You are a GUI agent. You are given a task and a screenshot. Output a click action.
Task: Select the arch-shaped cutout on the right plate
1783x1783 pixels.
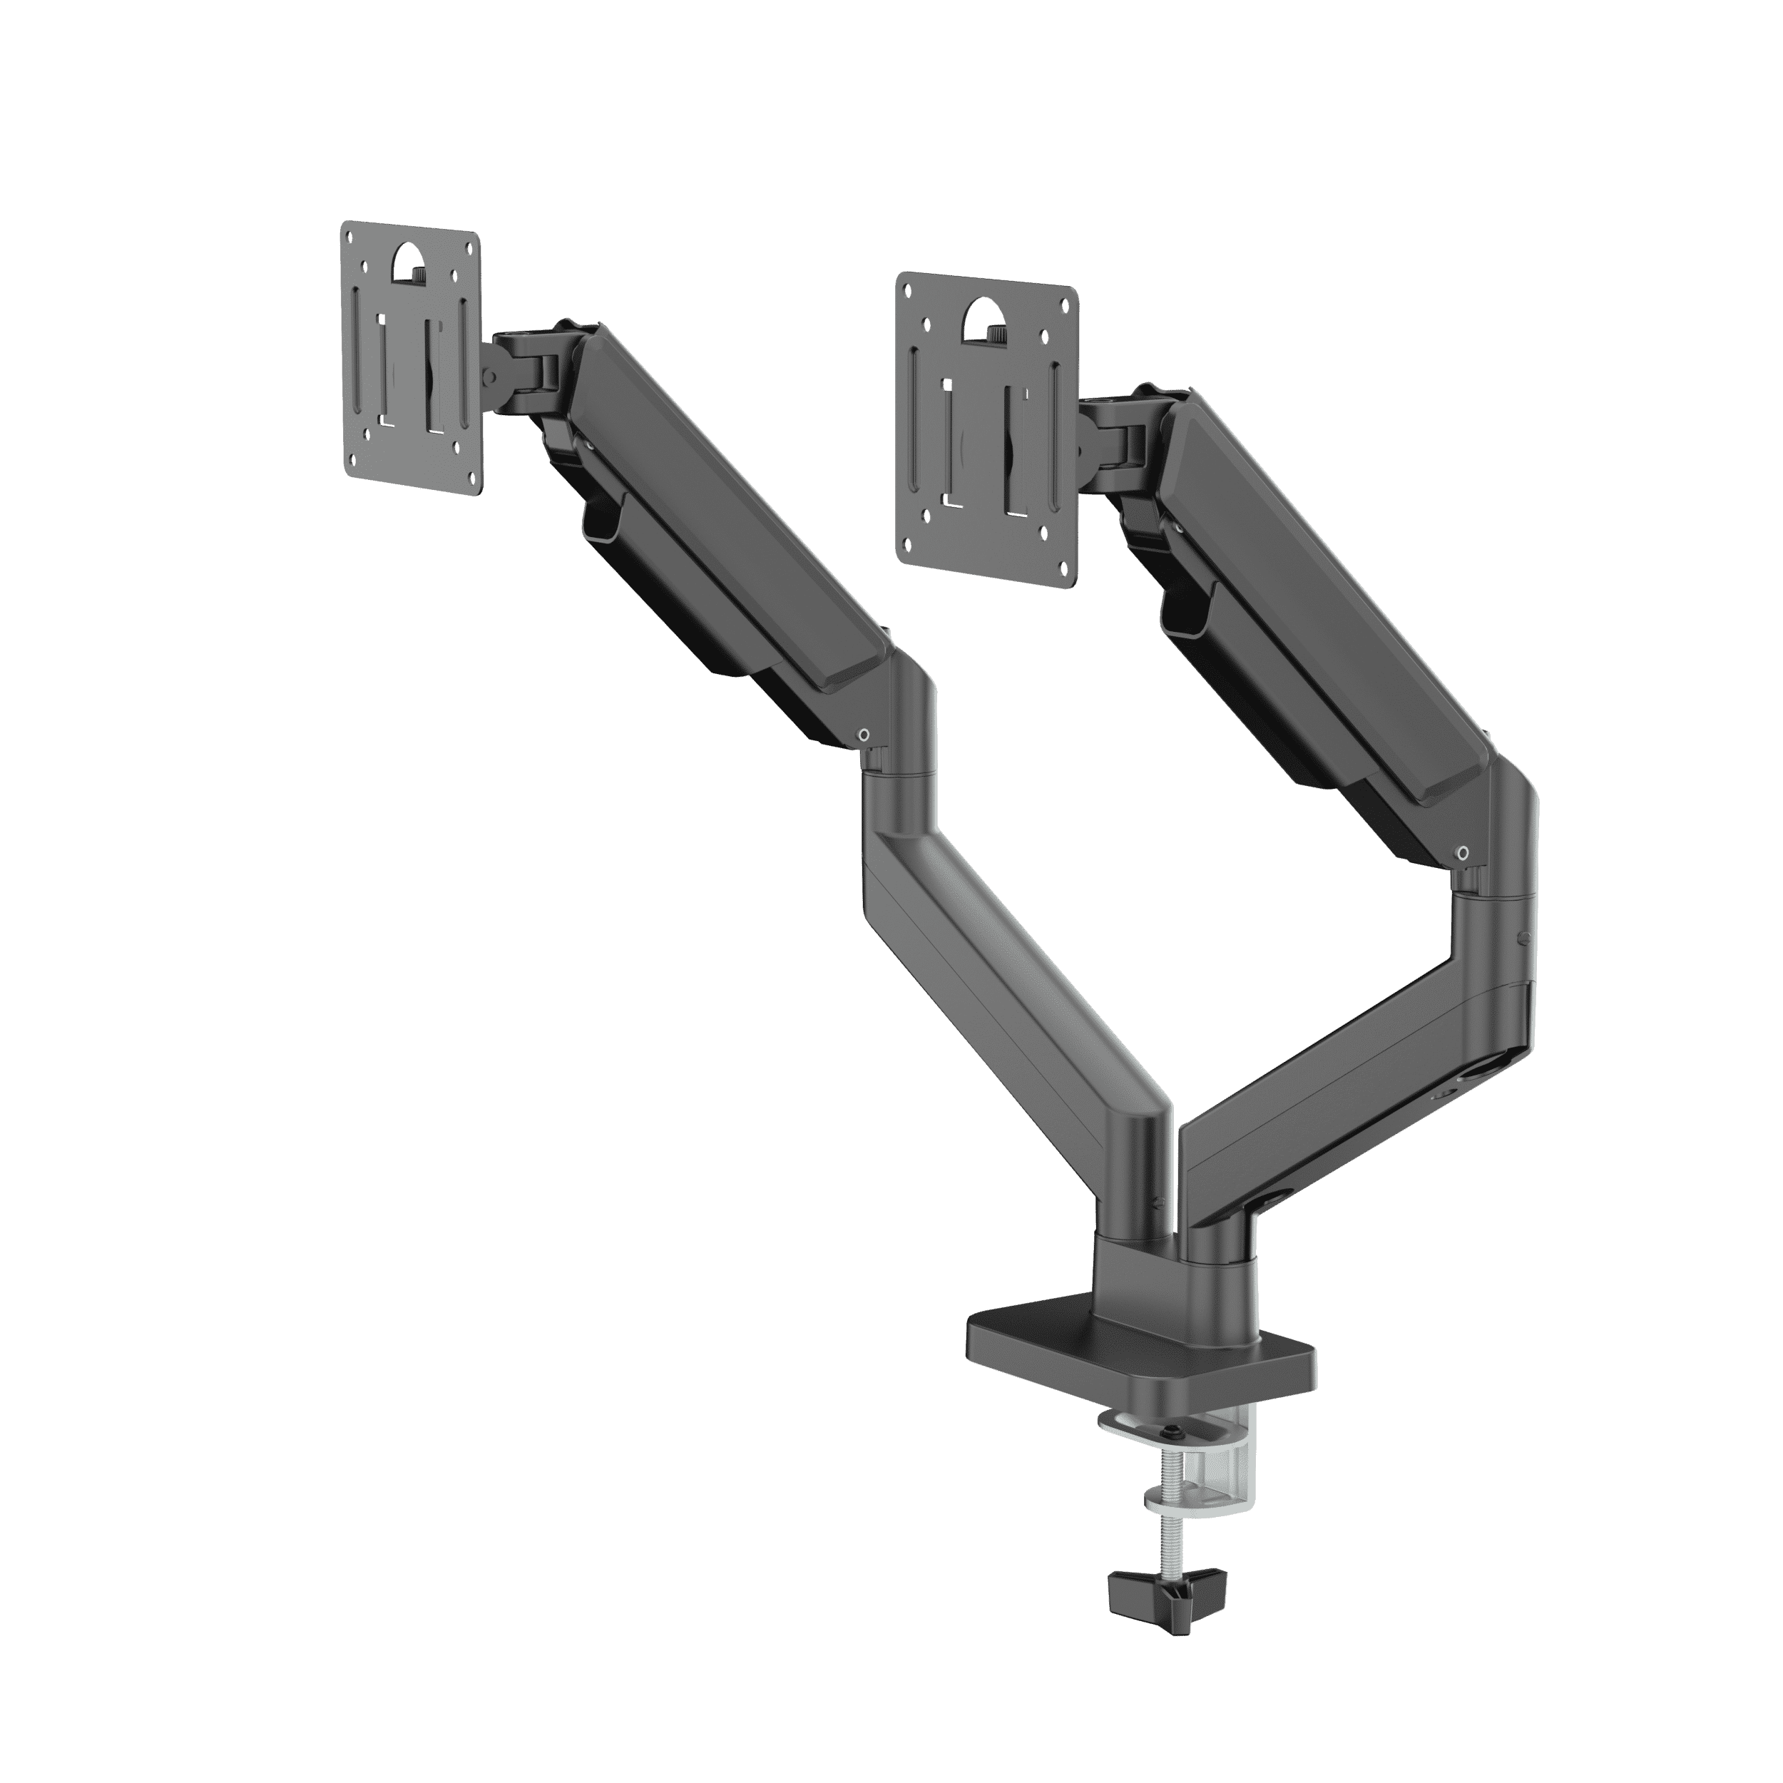986,318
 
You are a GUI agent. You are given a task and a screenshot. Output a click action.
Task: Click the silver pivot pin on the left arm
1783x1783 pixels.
862,735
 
